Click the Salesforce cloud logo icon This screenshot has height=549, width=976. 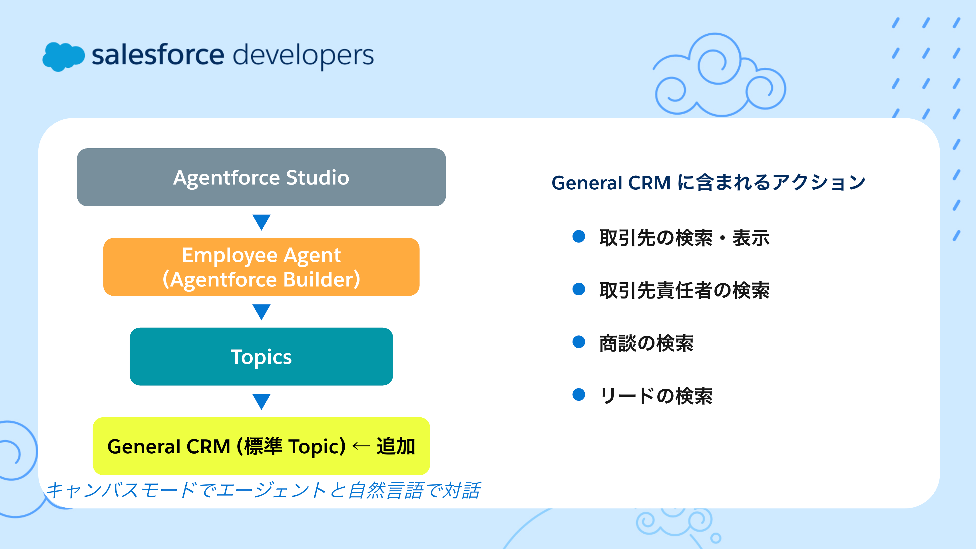pyautogui.click(x=63, y=57)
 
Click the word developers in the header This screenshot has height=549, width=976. pyautogui.click(x=303, y=56)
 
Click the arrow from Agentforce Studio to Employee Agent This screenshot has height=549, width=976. pyautogui.click(x=262, y=222)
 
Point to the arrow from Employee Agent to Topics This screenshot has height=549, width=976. pyautogui.click(x=262, y=312)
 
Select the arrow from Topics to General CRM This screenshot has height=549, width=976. pyautogui.click(x=262, y=402)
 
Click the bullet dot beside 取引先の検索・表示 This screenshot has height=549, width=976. pyautogui.click(x=579, y=237)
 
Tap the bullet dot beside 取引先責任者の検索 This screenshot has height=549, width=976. pyautogui.click(x=579, y=289)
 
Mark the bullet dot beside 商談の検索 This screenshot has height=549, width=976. pyautogui.click(x=579, y=342)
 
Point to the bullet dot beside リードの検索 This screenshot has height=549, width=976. pyautogui.click(x=579, y=394)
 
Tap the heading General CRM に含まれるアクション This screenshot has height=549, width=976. pyautogui.click(x=708, y=183)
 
